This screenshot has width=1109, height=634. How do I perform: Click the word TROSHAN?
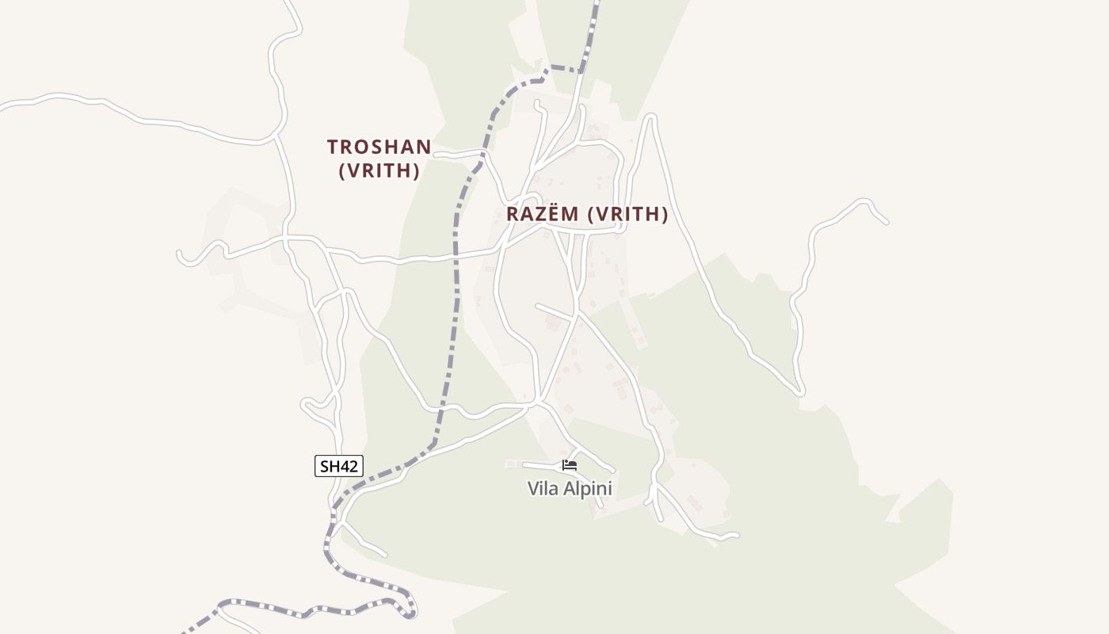point(379,147)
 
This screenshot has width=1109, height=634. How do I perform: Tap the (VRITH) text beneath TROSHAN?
point(379,170)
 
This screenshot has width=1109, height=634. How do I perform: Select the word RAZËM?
point(543,214)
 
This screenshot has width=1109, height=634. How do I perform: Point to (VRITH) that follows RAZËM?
point(628,214)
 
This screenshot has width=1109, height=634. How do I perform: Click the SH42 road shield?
point(338,466)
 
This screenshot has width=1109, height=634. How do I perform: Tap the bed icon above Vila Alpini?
point(570,465)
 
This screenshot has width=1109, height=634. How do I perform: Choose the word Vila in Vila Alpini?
point(543,489)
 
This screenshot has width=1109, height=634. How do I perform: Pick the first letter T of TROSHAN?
point(333,147)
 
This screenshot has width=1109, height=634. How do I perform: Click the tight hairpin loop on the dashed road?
point(411,610)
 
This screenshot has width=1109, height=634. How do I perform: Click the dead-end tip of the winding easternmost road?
point(886,222)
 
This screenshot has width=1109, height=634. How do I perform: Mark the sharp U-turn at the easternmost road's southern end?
point(800,391)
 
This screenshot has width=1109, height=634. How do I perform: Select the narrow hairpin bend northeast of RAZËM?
point(650,118)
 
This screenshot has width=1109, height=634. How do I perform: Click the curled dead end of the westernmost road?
point(181,255)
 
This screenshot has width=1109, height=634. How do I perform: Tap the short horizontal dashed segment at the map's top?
point(565,69)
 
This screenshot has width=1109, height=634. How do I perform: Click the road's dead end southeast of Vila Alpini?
point(736,536)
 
